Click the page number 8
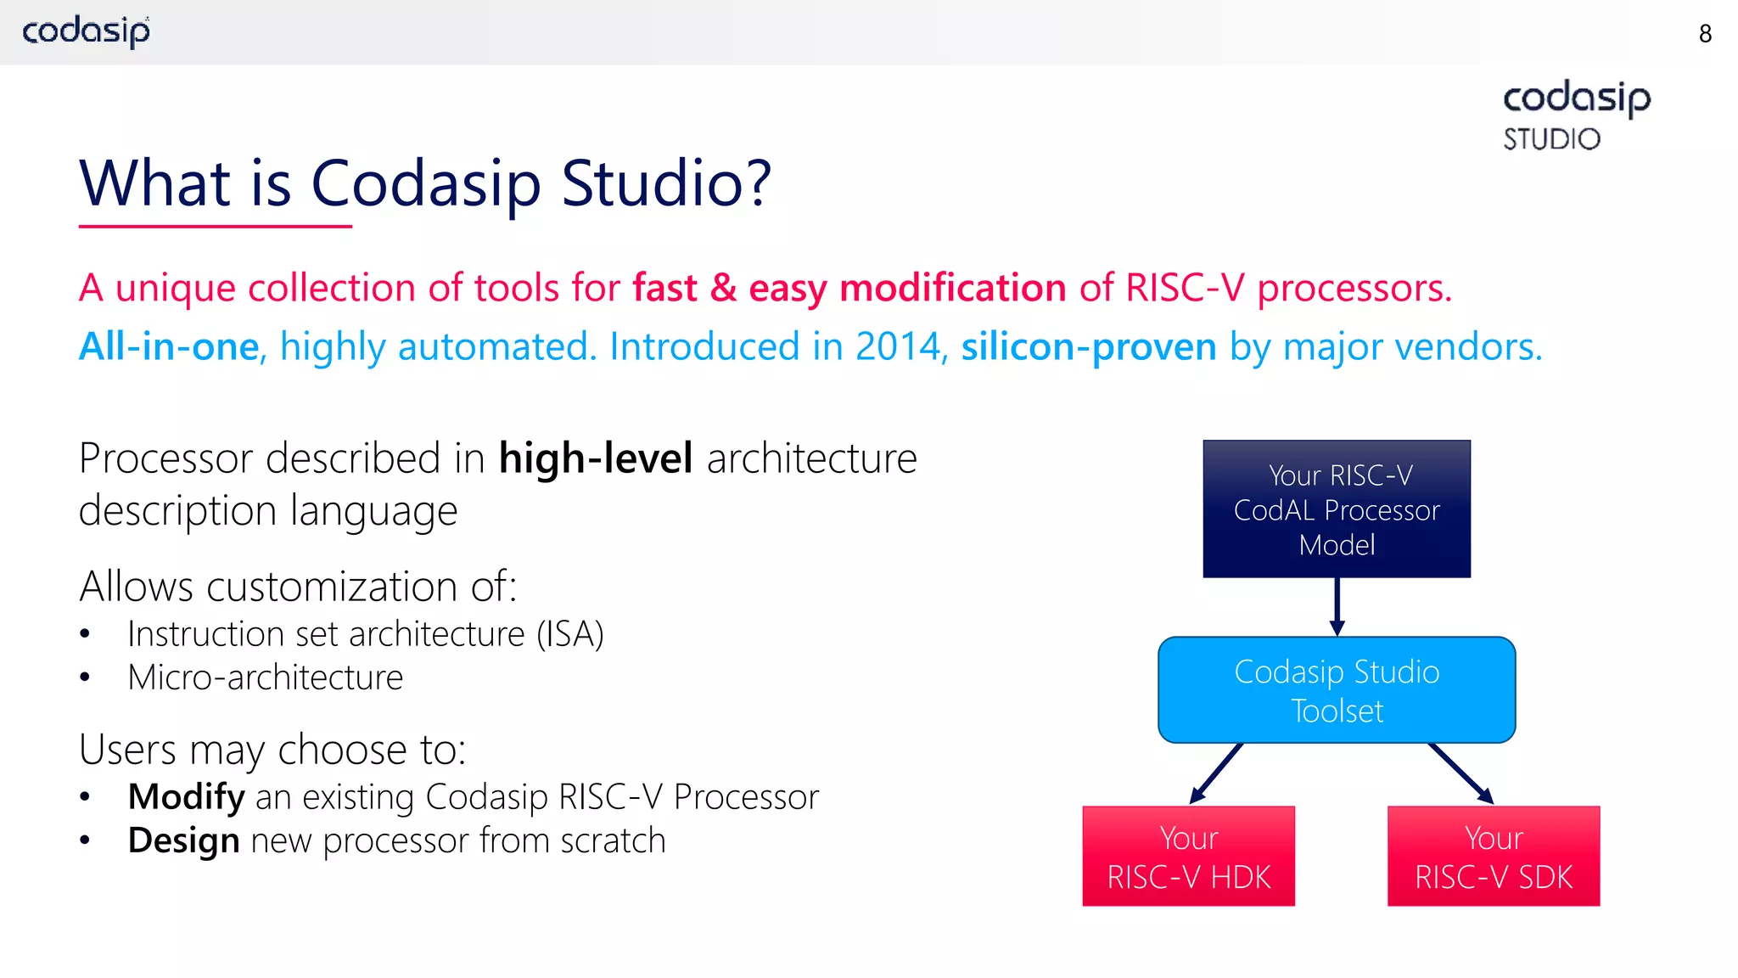point(1705,34)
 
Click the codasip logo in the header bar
point(86,31)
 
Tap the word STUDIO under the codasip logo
point(1551,139)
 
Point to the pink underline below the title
point(215,227)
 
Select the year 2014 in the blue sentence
point(898,346)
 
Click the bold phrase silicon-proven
point(1089,346)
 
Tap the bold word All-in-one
point(169,346)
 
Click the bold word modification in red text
point(952,288)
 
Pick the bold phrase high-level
point(596,458)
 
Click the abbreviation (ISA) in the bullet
point(569,634)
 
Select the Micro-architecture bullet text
point(266,677)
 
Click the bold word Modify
point(186,796)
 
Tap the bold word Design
point(183,840)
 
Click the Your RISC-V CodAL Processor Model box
point(1337,509)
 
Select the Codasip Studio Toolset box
point(1337,690)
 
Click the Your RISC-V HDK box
point(1188,857)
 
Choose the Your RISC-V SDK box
point(1494,857)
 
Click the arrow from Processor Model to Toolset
point(1337,607)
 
